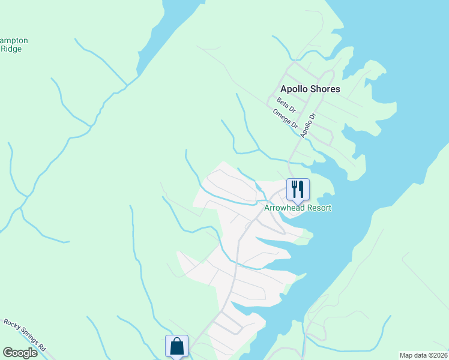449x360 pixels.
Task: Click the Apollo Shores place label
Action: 310,89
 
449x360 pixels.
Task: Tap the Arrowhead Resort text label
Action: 298,208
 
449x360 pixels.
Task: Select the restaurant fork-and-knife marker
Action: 298,190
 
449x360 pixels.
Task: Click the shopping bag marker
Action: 176,346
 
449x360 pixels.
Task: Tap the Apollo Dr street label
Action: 308,126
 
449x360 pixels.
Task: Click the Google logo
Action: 20,353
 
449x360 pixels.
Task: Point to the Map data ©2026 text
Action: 423,355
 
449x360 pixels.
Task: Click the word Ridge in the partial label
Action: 11,49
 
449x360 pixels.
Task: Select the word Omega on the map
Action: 282,116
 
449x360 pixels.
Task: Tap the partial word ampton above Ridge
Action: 14,41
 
